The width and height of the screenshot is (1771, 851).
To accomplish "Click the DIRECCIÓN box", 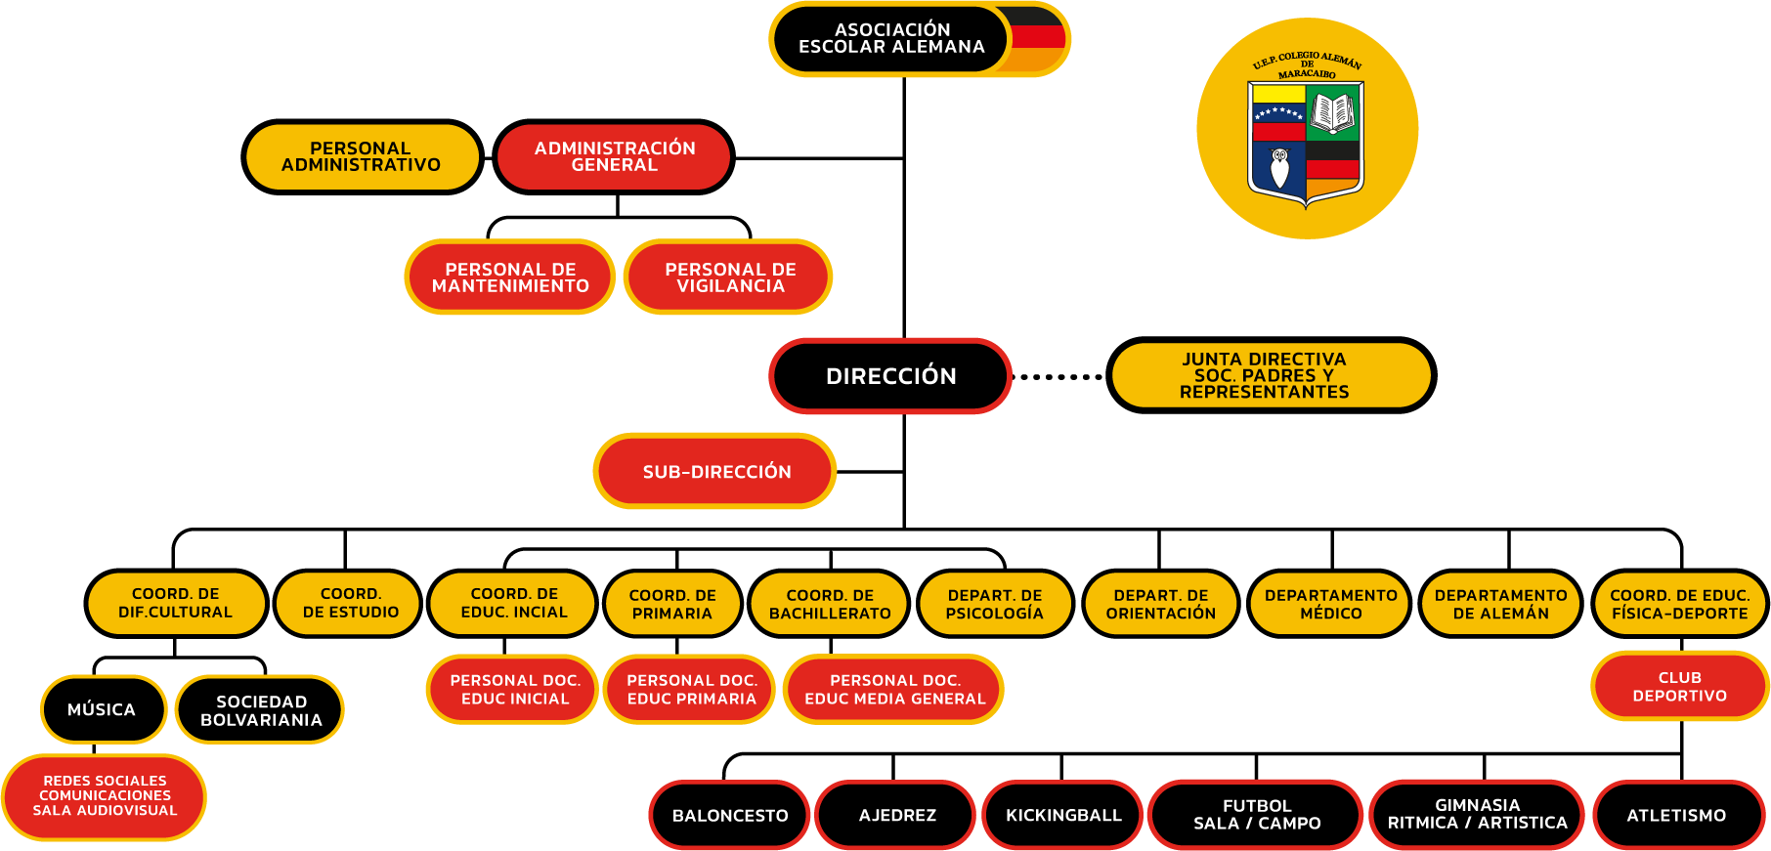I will (890, 376).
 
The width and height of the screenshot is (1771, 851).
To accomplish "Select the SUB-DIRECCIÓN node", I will (715, 471).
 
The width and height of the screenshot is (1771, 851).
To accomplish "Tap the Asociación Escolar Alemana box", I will (890, 39).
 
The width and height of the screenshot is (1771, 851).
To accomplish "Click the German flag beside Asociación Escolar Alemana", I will (1037, 39).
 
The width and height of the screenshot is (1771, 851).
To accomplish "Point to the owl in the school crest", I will (1279, 168).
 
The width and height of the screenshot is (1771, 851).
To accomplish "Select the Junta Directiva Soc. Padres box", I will (1271, 375).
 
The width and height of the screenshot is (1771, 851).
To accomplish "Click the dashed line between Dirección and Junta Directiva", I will (1060, 377).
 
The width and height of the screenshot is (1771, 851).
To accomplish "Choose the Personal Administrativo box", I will (362, 156).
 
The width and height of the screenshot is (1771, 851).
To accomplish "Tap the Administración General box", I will (614, 156).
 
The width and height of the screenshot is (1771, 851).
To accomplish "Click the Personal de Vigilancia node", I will (729, 277).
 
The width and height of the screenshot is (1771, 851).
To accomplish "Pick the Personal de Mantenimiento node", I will (510, 277).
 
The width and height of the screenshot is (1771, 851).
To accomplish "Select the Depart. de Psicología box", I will (995, 604).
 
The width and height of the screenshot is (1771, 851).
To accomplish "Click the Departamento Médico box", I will (1329, 604).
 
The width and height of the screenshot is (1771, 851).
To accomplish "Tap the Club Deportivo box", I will (1679, 686).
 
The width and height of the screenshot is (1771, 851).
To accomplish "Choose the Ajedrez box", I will (896, 815).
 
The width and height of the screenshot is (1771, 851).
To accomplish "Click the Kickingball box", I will (1063, 815).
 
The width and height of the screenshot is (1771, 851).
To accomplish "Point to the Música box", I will (103, 709).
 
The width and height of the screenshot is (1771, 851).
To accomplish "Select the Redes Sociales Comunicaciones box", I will (105, 796).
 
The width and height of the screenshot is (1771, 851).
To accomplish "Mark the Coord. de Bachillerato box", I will (830, 604).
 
